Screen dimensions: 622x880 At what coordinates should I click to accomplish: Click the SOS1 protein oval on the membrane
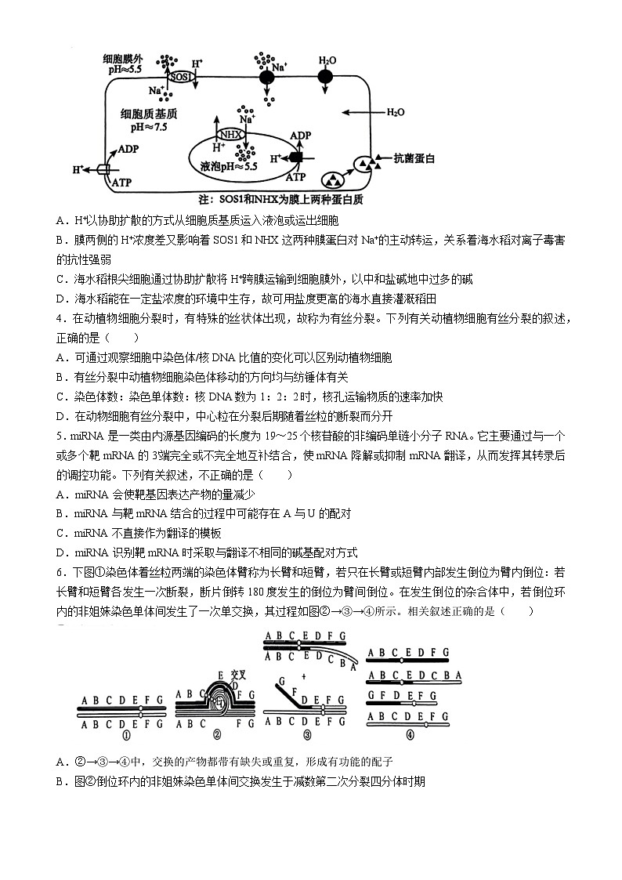tap(181, 77)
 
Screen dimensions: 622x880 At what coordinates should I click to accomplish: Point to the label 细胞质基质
tap(145, 114)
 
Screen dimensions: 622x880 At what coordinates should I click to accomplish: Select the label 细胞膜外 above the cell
tap(123, 59)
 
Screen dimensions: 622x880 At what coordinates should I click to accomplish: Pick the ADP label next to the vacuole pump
tap(300, 136)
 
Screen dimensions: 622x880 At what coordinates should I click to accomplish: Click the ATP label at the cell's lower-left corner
tap(122, 182)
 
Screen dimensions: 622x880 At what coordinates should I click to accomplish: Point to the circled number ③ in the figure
tap(307, 735)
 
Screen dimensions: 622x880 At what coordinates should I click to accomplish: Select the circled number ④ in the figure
tap(410, 735)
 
